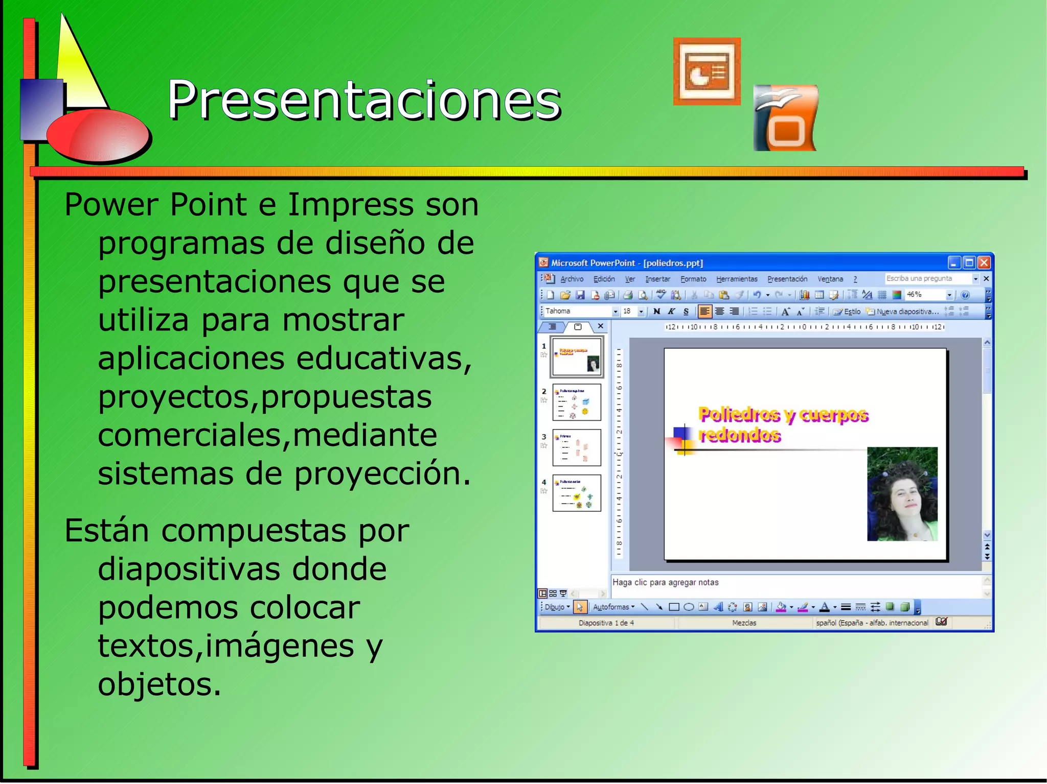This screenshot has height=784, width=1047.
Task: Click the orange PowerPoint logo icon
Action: point(707,72)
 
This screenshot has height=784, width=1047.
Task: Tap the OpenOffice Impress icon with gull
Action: point(786,118)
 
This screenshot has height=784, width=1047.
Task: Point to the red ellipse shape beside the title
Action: point(98,137)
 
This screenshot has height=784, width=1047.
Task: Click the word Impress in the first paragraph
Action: point(351,204)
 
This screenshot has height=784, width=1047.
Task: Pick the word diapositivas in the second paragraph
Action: point(242,568)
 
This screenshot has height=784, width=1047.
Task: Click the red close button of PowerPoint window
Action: point(984,263)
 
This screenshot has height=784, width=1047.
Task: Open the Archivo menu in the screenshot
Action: point(572,279)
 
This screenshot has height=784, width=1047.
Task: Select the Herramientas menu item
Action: point(737,279)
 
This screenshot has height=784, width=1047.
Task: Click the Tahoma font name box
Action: point(577,311)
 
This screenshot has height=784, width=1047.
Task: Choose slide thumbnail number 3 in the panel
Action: point(577,447)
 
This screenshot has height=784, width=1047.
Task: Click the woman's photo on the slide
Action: point(902,494)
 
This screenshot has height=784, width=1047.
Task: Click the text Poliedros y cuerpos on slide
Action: point(783,415)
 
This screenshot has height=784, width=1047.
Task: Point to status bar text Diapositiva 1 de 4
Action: point(606,623)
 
